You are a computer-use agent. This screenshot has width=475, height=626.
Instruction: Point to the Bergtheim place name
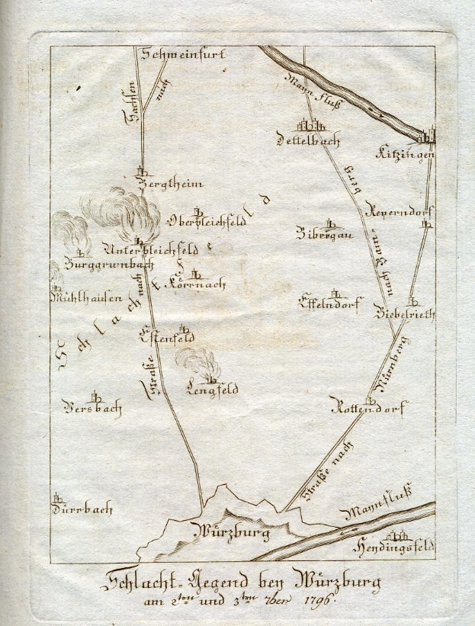click(x=161, y=185)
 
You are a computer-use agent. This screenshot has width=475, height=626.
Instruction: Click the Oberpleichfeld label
click(x=206, y=222)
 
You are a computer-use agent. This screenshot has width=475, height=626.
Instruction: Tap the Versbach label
click(x=93, y=408)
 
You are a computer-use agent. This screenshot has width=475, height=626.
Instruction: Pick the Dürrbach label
click(x=82, y=509)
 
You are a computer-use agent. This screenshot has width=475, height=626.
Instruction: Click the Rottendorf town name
click(x=369, y=406)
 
